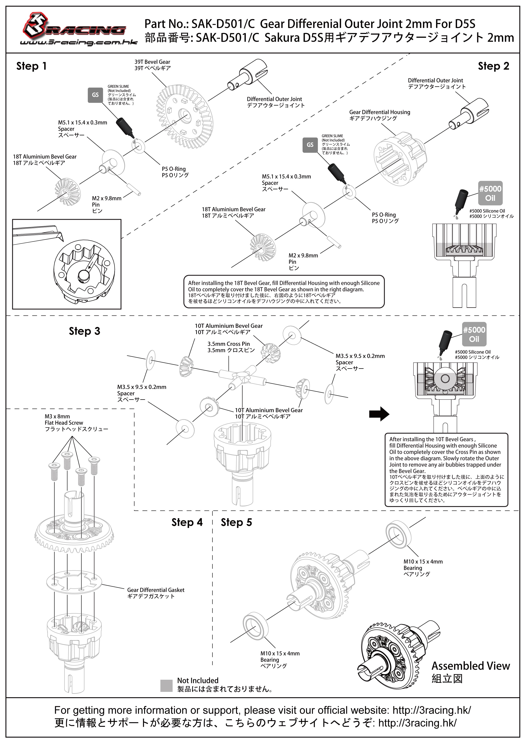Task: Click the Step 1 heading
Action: [31, 66]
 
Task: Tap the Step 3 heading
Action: [84, 331]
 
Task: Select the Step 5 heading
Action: [236, 522]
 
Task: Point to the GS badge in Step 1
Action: [95, 95]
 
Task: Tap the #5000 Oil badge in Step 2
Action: [490, 193]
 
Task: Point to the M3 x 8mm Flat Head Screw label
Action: [76, 423]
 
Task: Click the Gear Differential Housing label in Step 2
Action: [380, 115]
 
